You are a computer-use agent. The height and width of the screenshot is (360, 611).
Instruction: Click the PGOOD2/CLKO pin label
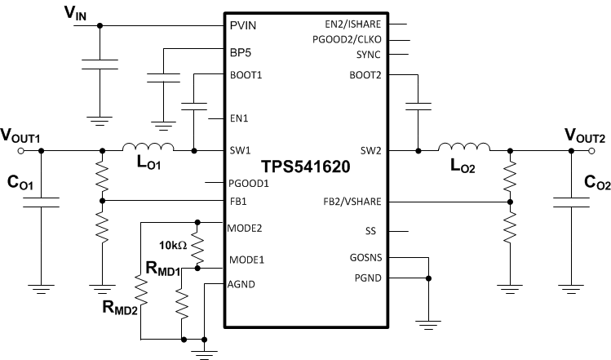357,39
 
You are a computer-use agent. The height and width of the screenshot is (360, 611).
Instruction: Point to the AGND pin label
242,283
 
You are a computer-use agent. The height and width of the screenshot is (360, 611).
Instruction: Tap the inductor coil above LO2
463,148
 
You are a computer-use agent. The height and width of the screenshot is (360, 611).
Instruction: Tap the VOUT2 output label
584,134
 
